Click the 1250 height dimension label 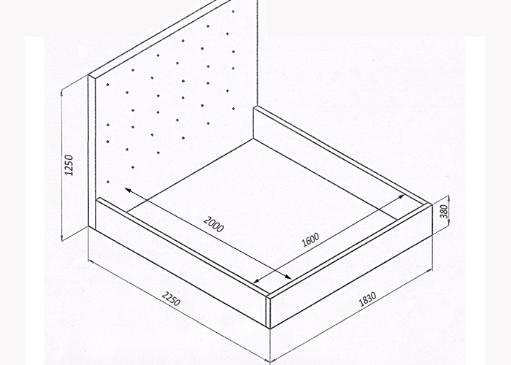[69, 165]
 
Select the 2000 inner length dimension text [214, 225]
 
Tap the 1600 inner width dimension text [310, 240]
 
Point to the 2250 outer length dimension [171, 299]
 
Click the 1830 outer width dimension [368, 299]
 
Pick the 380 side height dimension [444, 212]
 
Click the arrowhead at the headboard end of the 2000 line [128, 191]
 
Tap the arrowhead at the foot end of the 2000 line [288, 277]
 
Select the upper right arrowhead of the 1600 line [401, 197]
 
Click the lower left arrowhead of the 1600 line [257, 280]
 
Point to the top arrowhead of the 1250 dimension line [62, 94]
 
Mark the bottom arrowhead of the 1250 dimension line [62, 237]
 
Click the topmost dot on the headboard [234, 12]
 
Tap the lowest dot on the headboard [108, 182]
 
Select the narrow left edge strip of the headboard [91, 152]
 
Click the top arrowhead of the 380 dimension [449, 198]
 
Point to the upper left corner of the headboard [88, 75]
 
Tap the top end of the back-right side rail [254, 107]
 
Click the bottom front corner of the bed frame [269, 328]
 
